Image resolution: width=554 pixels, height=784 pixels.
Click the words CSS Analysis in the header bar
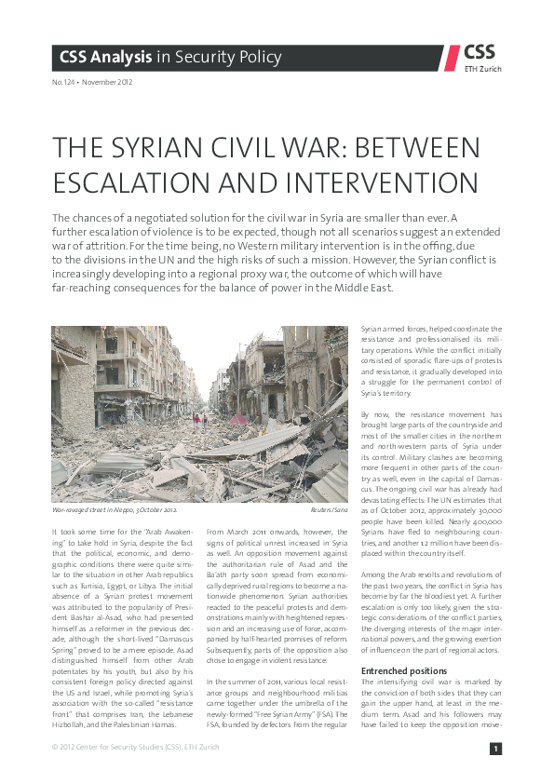(x=104, y=58)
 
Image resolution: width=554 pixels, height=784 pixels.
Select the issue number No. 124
(x=65, y=82)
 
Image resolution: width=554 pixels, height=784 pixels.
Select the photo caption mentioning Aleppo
(x=115, y=511)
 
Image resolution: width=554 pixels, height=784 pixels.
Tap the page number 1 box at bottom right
(x=496, y=749)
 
